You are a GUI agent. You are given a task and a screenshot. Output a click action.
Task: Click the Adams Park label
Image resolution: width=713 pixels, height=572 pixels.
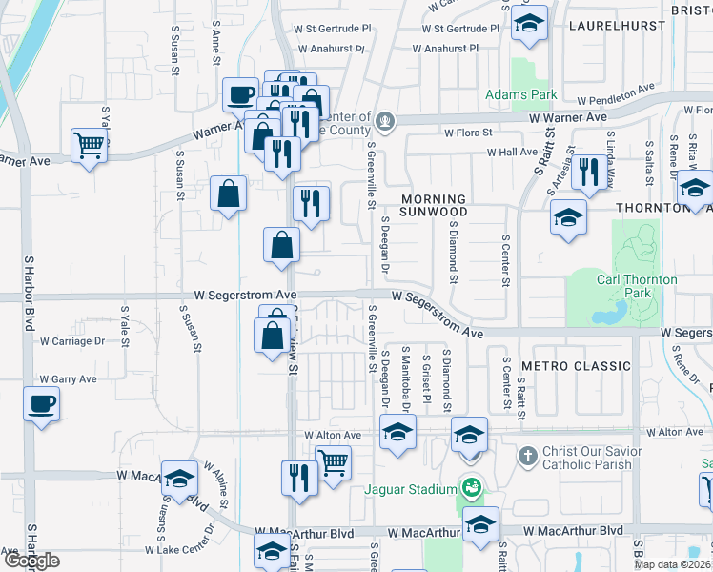coord(520,94)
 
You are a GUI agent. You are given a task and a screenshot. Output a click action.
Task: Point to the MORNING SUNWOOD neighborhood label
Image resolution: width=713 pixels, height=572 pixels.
coord(434,204)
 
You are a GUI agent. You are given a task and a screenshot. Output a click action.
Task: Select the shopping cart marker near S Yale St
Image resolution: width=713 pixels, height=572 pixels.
coord(89,147)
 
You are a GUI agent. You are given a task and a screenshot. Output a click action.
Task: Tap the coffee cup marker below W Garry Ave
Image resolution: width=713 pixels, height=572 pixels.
coord(42,405)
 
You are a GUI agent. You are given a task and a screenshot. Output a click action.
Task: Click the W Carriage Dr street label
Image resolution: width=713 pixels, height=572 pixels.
coord(71,340)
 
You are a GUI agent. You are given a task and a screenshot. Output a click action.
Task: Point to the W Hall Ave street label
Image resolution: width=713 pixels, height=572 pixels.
coord(513,153)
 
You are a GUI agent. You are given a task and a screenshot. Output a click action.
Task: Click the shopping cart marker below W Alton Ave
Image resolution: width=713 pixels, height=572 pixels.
coord(333,463)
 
